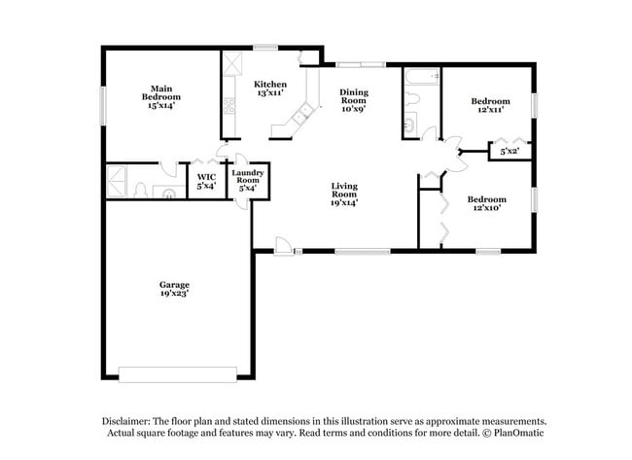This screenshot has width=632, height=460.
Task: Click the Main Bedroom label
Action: (x=162, y=96)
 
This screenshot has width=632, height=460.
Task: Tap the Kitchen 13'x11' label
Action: (x=269, y=89)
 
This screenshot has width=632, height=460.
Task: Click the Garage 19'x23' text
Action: (x=175, y=289)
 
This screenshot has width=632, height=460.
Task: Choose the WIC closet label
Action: (x=205, y=180)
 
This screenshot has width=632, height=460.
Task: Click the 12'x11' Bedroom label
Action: (x=490, y=106)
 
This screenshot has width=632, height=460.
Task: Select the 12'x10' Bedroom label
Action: (x=490, y=200)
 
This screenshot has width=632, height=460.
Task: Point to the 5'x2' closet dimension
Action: (x=509, y=152)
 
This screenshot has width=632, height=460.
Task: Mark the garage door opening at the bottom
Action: (x=177, y=374)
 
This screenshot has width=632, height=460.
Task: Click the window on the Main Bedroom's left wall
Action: (x=103, y=104)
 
